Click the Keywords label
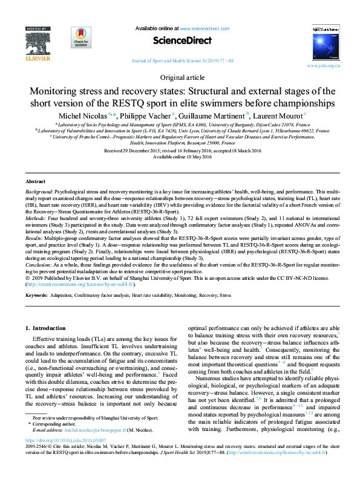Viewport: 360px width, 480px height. [x=38, y=295]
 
